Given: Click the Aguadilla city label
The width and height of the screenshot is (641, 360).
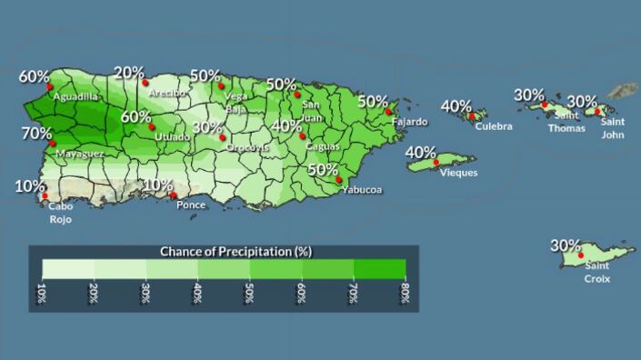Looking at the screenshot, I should (75, 96).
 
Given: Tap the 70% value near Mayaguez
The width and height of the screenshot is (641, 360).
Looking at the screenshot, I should (36, 134).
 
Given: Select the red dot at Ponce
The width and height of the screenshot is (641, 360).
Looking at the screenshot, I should (174, 194).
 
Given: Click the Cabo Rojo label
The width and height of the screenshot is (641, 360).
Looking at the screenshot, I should (61, 213).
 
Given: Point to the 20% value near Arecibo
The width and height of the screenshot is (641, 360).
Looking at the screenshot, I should (129, 73).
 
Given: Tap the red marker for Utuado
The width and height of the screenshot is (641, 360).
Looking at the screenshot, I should (152, 127).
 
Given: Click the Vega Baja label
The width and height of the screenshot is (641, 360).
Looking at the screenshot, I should (235, 102).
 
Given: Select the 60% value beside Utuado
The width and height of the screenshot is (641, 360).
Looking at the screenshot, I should (136, 117).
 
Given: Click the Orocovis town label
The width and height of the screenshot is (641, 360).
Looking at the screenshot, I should (247, 147).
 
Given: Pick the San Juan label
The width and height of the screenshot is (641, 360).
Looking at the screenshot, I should (311, 110).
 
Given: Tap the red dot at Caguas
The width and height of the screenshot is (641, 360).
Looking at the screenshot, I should (302, 136).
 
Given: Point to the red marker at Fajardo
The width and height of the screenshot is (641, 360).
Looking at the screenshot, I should (388, 112).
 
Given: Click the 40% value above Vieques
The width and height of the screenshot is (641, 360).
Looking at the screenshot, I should (420, 152).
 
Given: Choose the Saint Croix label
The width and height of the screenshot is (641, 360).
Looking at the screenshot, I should (597, 272).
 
